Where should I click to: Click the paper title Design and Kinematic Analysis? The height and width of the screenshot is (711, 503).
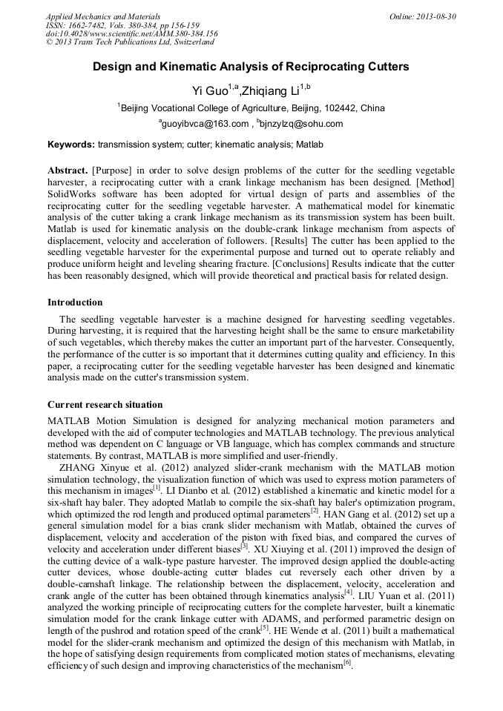pos(251,66)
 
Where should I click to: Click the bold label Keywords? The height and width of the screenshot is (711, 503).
pos(70,144)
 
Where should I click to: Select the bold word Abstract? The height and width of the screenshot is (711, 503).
pos(68,170)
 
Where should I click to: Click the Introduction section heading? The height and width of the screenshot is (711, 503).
pos(75,302)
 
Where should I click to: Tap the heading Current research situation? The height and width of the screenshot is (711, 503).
pos(105,405)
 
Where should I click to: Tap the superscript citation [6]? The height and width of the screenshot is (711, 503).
pos(346,662)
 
